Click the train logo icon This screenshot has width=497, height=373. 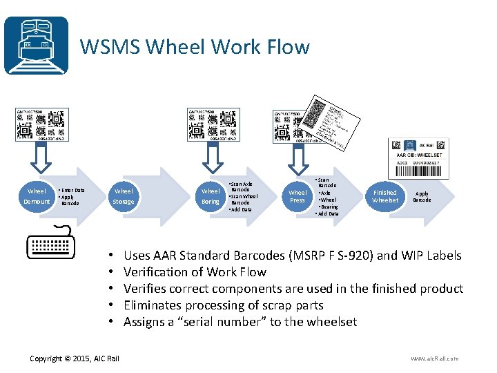coord(36,45)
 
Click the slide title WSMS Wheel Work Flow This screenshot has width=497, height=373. coord(195,47)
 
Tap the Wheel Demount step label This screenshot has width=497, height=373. coord(37,196)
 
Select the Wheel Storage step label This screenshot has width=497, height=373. coord(124,196)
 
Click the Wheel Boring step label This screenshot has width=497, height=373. coord(211,196)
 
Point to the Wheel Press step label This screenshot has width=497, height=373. coord(298,196)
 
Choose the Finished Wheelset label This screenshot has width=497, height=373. coord(384,196)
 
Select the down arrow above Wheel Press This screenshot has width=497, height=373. coord(298,160)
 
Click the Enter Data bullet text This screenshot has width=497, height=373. coord(72,190)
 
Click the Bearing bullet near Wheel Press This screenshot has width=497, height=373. coord(329,207)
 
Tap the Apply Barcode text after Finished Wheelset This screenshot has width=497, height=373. coord(422,197)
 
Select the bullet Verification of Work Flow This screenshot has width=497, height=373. coord(195,272)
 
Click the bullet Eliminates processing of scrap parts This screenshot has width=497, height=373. coord(223,305)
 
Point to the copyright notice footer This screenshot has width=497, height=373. coord(75,358)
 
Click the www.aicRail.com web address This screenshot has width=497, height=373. coord(434,358)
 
